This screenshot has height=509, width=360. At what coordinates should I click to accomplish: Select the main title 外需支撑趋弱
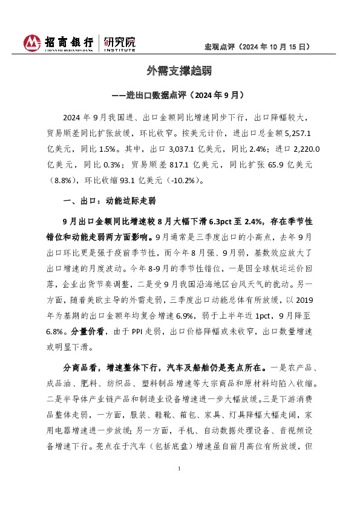coord(180,71)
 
